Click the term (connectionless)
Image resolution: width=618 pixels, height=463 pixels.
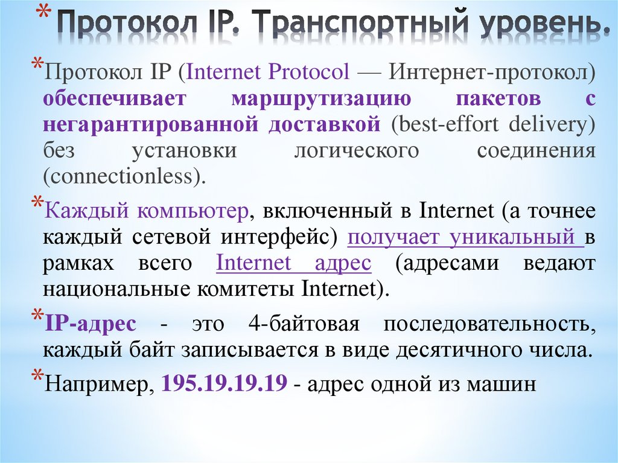click(x=125, y=176)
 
